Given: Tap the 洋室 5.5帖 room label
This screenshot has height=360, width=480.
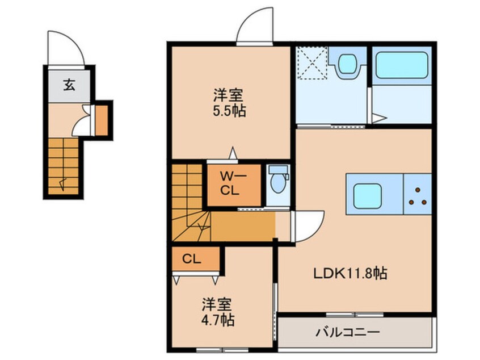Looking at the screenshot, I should point(229,102).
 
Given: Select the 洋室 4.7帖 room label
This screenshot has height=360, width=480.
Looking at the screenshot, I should point(218,312).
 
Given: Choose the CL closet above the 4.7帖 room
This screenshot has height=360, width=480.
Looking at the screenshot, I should point(192,259).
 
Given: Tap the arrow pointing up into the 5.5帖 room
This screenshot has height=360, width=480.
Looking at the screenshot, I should point(233,152).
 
